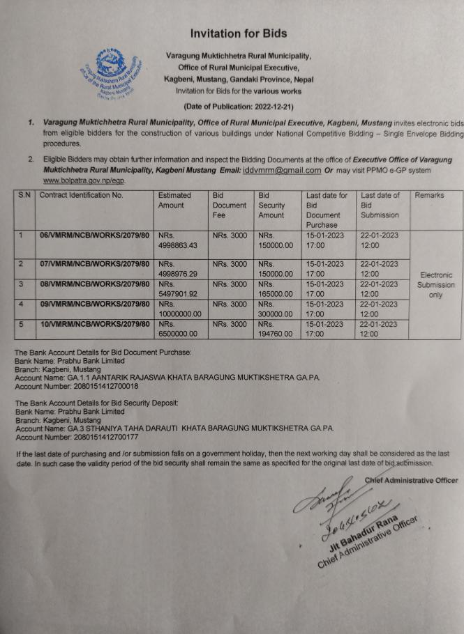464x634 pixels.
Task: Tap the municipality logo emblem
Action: click(x=112, y=70)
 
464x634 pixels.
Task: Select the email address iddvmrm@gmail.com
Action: click(x=277, y=169)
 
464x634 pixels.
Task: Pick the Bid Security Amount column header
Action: click(x=271, y=205)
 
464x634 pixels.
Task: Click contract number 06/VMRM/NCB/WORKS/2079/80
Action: click(x=95, y=235)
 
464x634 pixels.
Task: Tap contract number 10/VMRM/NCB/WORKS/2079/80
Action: click(x=95, y=324)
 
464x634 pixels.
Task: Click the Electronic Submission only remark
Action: click(x=436, y=285)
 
